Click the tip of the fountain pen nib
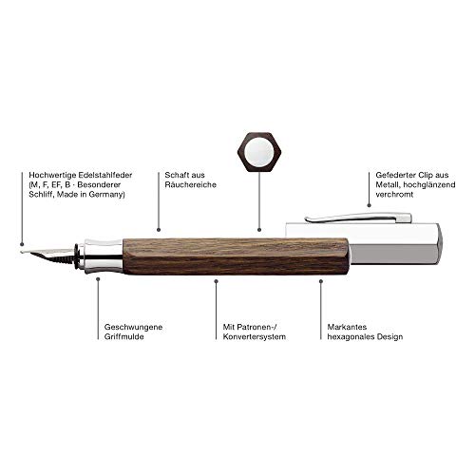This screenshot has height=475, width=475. (x=21, y=252)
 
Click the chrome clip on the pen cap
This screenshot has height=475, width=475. (x=358, y=218)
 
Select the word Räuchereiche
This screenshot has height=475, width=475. (x=191, y=184)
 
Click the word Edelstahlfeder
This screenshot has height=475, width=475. (x=105, y=175)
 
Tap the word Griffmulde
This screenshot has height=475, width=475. (x=124, y=336)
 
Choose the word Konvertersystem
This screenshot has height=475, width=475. (x=255, y=336)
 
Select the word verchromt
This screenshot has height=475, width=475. (x=394, y=195)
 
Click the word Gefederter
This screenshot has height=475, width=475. (x=395, y=175)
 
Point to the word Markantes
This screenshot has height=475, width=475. (x=347, y=327)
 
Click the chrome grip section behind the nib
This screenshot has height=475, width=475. (x=102, y=256)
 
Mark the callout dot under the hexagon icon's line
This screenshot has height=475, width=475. (x=259, y=230)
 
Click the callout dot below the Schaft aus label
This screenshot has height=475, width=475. (x=159, y=230)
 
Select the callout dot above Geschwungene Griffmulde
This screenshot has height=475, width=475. (x=98, y=279)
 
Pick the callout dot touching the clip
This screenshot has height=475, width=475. (x=369, y=205)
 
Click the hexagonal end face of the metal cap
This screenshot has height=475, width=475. (x=439, y=244)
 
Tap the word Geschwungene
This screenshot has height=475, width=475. (x=133, y=327)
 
